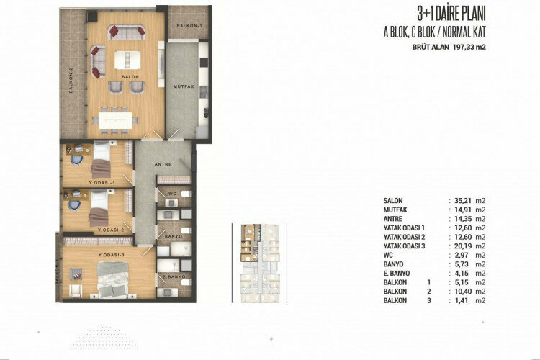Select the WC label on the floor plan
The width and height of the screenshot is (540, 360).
tap(174, 193)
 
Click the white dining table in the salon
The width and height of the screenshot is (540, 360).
tap(117, 120)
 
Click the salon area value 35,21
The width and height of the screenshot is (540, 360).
tap(459, 201)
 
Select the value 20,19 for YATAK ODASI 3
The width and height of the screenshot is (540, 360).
tap(459, 246)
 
